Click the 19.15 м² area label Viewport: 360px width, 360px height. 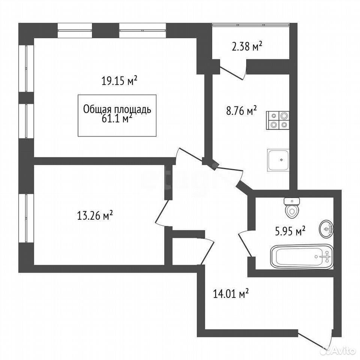point(119,81)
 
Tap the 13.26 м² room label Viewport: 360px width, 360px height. point(95,216)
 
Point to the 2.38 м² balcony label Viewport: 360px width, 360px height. point(247,46)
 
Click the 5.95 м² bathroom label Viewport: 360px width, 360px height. point(290,231)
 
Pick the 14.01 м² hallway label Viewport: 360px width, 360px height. point(231,294)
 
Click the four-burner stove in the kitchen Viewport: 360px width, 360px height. point(277,120)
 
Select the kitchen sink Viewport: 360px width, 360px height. point(278,160)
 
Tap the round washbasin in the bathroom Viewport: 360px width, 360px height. point(326,228)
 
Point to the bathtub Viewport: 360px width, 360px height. point(302,256)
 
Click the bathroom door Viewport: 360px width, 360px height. point(245,243)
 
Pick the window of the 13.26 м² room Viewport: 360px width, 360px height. point(26,218)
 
